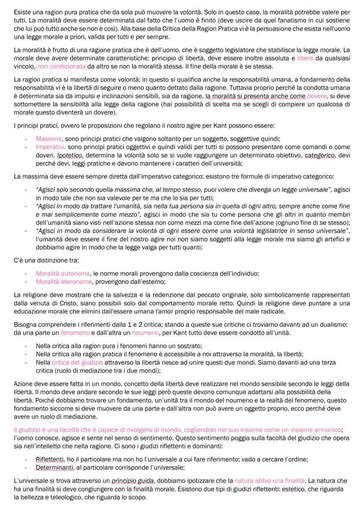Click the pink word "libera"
tap(305, 58)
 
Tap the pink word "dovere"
tap(317, 96)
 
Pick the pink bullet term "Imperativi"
tap(51, 146)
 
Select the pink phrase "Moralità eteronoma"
tap(64, 281)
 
